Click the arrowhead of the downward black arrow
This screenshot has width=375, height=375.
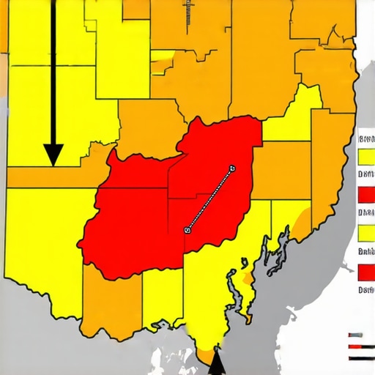(x=53, y=153)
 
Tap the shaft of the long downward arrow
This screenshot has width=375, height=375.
(x=53, y=73)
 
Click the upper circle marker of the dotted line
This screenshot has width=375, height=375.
(x=231, y=168)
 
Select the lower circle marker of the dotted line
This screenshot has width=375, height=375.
(x=187, y=229)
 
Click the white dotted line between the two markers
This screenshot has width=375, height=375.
(x=209, y=199)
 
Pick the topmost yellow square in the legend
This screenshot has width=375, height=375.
(x=366, y=157)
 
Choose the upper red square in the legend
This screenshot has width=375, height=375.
(x=366, y=195)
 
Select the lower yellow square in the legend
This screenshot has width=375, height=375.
(x=366, y=234)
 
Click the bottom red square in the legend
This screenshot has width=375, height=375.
(x=366, y=272)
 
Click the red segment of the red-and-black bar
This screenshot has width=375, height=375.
(x=356, y=345)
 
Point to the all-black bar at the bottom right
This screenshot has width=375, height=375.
(x=362, y=357)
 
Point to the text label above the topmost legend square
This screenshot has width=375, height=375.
(x=365, y=138)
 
